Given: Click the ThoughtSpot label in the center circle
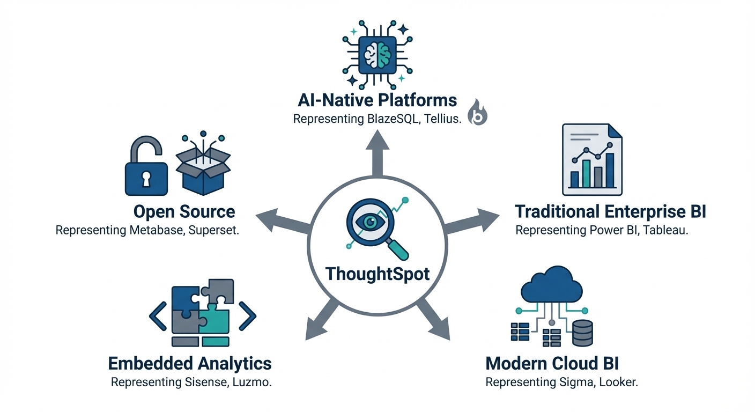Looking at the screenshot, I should (377, 274).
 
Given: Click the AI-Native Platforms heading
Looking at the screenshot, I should (377, 100).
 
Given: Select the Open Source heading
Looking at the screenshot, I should (184, 211).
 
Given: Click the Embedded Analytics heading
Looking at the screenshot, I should (190, 363).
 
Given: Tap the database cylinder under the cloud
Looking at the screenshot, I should (582, 332).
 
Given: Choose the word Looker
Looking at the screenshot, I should (619, 382).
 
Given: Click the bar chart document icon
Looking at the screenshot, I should (592, 159).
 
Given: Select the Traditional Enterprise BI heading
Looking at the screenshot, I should (610, 211).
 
